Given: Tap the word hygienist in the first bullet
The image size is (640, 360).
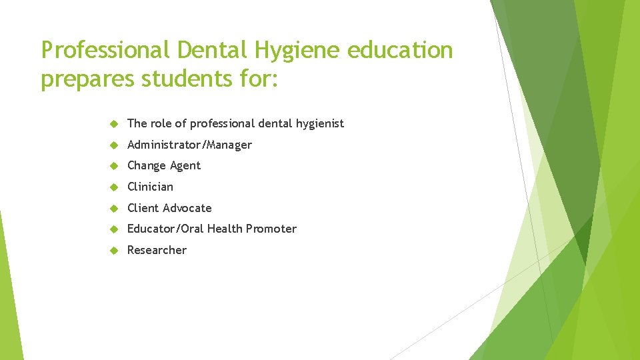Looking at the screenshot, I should tap(320, 123).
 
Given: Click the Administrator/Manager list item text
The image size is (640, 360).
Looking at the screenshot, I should tap(189, 145).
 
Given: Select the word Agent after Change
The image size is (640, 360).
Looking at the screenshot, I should tap(185, 166).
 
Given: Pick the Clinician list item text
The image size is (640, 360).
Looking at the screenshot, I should tap(150, 187).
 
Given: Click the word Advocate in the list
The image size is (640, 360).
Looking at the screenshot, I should tap(187, 208).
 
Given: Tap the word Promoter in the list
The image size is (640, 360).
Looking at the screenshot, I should tap(271, 229).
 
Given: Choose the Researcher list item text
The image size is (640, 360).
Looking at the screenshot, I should tap(157, 250).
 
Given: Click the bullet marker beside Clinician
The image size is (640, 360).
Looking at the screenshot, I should tap(113, 187).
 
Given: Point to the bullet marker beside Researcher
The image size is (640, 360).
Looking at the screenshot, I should tap(113, 250).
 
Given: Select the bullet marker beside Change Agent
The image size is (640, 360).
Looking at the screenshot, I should tap(113, 166).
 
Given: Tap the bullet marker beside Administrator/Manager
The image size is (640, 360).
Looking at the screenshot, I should tap(113, 145).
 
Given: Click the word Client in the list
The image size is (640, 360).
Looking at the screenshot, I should tap(143, 208).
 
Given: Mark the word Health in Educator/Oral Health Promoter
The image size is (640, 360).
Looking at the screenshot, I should tap(225, 229).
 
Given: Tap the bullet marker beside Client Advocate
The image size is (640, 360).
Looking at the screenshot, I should tap(113, 208).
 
